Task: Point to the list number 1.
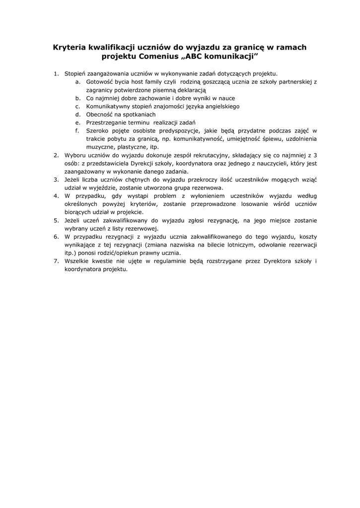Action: tap(56, 74)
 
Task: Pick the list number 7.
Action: tap(56, 261)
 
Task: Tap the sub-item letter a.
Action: tap(78, 82)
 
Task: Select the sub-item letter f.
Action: tap(78, 130)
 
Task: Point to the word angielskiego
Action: tap(220, 106)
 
